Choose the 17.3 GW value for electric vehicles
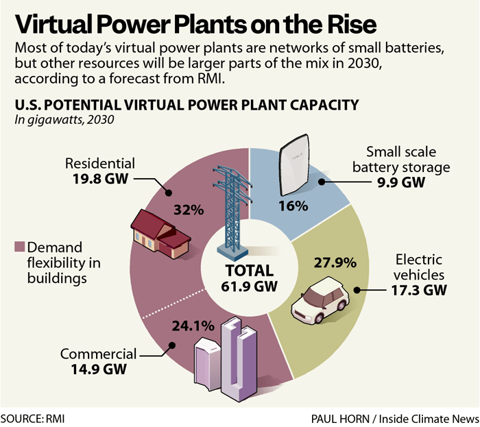416,291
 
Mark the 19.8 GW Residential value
102,179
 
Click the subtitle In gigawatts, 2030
64,119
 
